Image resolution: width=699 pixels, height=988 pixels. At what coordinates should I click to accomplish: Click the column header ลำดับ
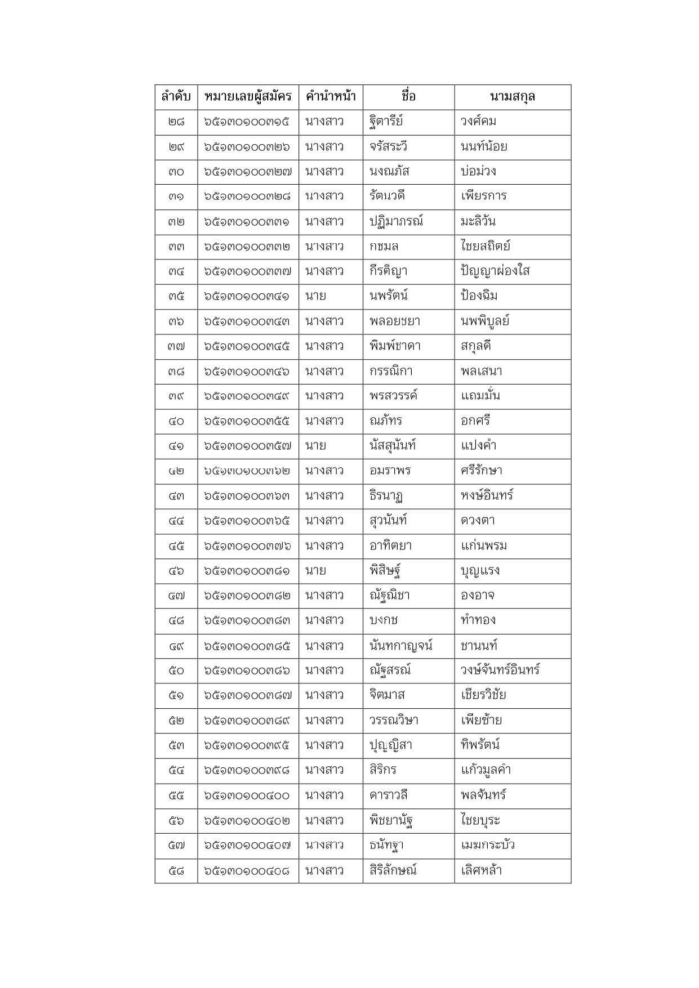tap(176, 97)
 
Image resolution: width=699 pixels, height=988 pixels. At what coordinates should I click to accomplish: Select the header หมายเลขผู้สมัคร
tap(248, 97)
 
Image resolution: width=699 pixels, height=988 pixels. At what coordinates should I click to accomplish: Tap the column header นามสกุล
tap(512, 97)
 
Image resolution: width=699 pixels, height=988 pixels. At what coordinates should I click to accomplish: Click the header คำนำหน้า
tap(330, 97)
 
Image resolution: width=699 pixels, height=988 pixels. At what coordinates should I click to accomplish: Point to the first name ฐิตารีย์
tap(386, 122)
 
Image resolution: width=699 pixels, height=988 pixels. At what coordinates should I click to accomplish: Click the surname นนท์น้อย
tap(483, 147)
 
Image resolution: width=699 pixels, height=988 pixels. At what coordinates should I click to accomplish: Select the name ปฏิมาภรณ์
tap(396, 221)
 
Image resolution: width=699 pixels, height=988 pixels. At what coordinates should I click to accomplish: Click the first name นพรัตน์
tap(388, 296)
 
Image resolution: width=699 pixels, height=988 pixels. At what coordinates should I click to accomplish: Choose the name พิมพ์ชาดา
tap(395, 346)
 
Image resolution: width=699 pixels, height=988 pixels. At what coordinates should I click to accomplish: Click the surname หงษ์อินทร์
tap(487, 495)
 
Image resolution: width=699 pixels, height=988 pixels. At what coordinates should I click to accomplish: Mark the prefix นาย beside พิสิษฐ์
tap(315, 571)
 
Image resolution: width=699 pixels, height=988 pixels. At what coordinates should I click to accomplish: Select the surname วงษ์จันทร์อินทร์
tap(500, 670)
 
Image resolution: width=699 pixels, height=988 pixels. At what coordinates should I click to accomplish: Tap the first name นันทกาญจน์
tap(400, 645)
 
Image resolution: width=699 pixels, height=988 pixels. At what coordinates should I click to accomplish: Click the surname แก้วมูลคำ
tap(486, 770)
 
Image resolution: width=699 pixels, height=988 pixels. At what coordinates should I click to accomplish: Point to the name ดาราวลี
tap(388, 795)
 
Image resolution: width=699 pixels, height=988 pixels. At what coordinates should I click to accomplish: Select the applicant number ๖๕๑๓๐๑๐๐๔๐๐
tap(247, 795)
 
